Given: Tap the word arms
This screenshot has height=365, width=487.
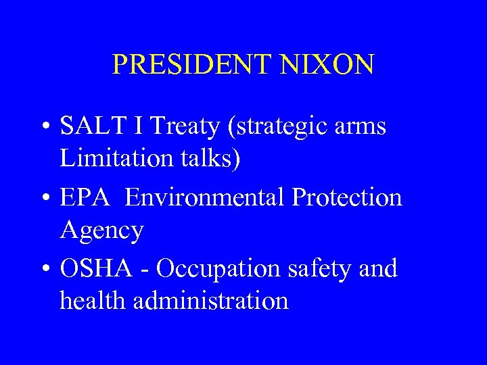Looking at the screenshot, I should pos(362,127).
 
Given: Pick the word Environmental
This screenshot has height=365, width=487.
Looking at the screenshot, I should pos(206,197).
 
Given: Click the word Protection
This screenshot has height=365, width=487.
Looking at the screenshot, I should pos(347,197).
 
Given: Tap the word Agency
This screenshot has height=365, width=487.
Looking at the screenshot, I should pos(101,231).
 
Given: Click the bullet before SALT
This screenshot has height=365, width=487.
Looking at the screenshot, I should pos(45,127).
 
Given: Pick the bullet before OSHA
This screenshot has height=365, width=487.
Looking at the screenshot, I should pos(45,270).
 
